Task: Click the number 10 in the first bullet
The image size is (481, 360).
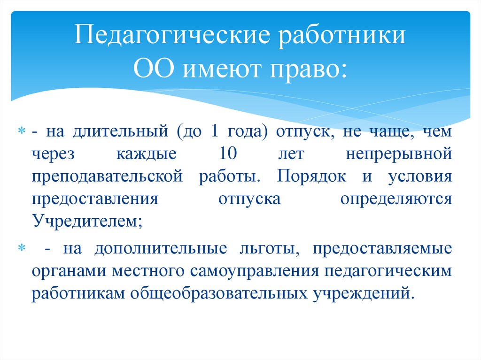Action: [x=229, y=153]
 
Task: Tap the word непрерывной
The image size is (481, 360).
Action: [x=399, y=154]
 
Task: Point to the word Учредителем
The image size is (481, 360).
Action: [x=85, y=221]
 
